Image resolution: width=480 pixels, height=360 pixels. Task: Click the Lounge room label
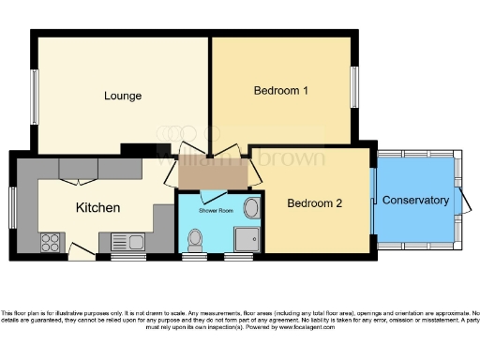[x=123, y=96]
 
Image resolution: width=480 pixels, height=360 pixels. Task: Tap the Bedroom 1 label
[x=281, y=91]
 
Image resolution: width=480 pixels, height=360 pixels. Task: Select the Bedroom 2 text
[x=315, y=203]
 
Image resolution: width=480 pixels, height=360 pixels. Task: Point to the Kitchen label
[x=97, y=207]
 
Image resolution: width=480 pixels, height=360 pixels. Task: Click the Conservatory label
[x=415, y=200]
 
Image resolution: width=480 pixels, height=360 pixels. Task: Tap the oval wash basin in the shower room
[x=251, y=208]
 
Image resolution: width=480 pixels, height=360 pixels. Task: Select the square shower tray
[x=247, y=240]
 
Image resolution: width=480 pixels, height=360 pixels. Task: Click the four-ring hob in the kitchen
[x=50, y=243]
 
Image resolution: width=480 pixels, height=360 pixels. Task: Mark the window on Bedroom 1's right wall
[x=354, y=89]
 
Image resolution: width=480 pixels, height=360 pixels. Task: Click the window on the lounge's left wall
[x=35, y=96]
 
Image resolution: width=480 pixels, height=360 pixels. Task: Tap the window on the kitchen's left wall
[x=13, y=205]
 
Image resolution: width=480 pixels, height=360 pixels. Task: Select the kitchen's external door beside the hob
[x=79, y=249]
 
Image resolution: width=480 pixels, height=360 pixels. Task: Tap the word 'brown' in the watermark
[x=292, y=157]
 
